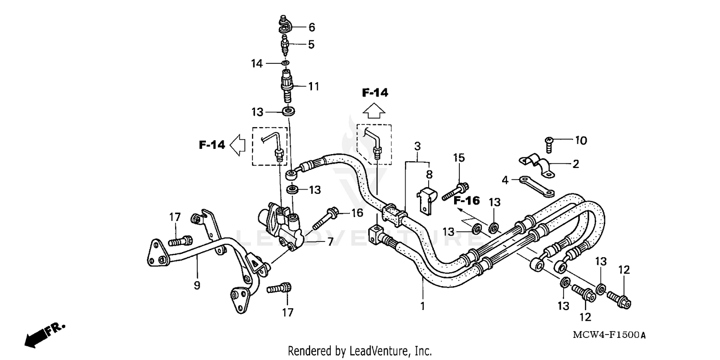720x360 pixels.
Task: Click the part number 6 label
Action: click(311, 27)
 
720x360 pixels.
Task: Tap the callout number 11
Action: click(313, 86)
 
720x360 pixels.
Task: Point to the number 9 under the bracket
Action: click(197, 285)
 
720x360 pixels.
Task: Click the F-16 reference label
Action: click(467, 200)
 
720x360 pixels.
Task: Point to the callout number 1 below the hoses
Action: click(422, 305)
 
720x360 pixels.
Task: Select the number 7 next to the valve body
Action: click(330, 241)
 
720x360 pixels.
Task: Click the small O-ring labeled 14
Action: click(285, 62)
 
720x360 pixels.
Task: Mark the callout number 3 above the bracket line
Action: click(418, 145)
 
